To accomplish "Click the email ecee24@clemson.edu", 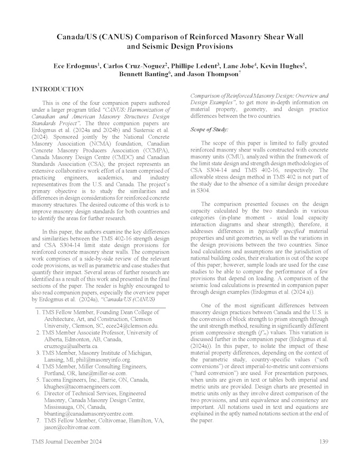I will click(132, 326).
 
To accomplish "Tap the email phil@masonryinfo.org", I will click(82, 360).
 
